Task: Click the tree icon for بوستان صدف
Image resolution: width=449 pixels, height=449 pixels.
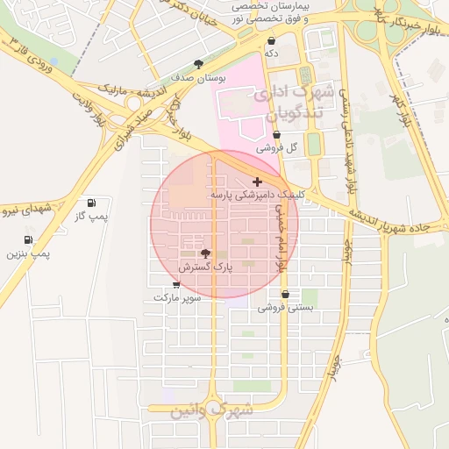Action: tap(199, 64)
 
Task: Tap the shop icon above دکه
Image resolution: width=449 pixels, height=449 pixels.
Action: tap(271, 40)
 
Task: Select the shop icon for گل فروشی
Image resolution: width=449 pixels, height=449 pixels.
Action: tap(277, 135)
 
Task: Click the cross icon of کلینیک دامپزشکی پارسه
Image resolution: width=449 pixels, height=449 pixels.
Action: tap(256, 182)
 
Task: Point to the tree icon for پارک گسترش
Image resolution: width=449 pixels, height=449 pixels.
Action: tap(206, 252)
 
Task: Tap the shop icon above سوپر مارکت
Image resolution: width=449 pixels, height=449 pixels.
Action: tap(176, 285)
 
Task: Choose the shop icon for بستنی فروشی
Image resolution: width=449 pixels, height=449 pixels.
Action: tap(285, 295)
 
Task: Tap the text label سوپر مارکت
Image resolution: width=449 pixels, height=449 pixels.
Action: tap(177, 298)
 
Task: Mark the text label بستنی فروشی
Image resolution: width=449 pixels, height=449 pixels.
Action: tap(285, 308)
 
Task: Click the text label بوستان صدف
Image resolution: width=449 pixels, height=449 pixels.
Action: tap(199, 77)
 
